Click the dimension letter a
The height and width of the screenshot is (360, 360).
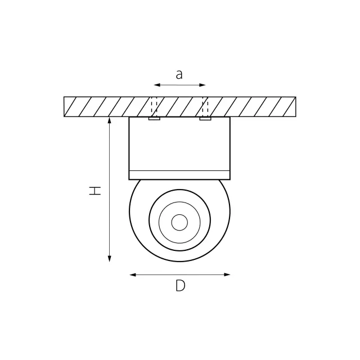179,75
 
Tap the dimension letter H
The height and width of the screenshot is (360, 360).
95,191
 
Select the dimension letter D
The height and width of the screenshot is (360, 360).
181,286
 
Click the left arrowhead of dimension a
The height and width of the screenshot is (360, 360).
157,85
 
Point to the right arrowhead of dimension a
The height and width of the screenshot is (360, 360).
202,85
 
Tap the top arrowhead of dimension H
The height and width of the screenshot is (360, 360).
110,120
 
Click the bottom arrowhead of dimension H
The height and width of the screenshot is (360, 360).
110,259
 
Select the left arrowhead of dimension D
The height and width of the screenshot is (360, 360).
133,275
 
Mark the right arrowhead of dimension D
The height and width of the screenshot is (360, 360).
227,274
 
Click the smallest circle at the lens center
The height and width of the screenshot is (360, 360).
179,223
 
